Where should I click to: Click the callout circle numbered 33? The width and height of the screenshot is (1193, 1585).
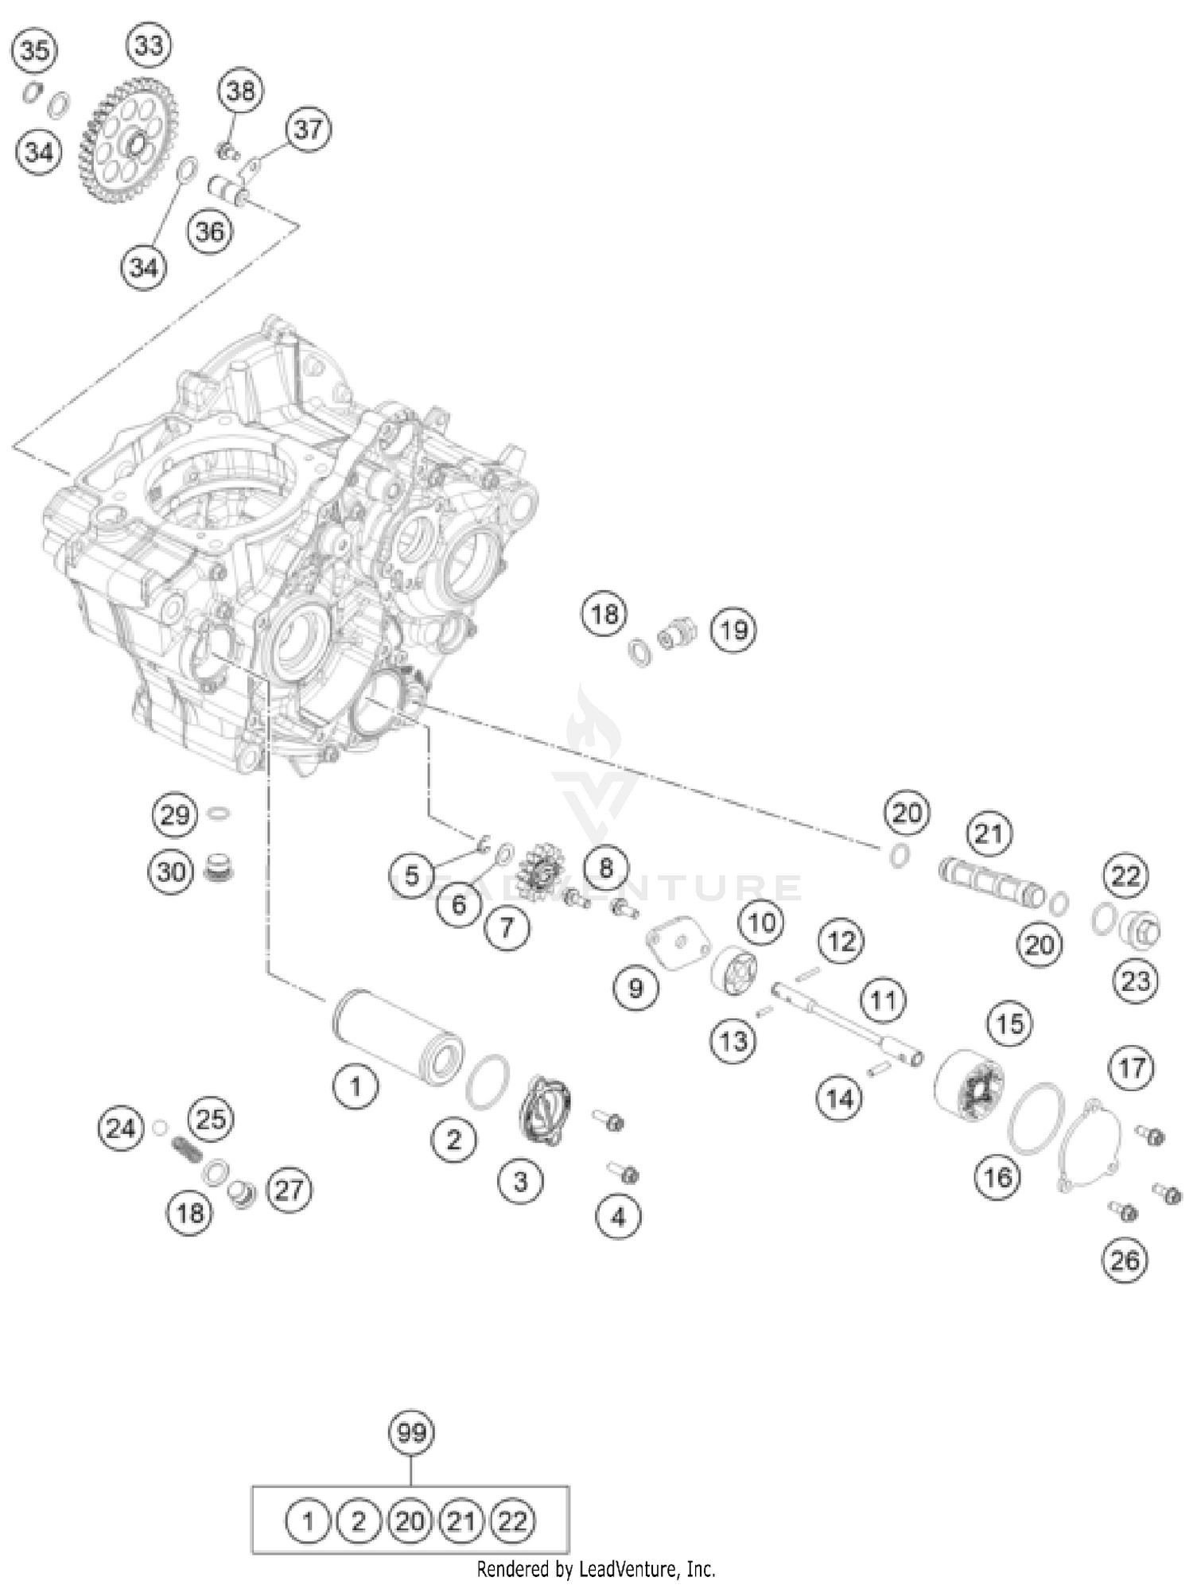click(149, 46)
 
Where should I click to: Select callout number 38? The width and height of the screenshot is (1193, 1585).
click(241, 91)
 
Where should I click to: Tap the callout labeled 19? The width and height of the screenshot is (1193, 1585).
click(733, 630)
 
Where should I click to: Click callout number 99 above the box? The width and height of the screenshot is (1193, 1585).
click(411, 1432)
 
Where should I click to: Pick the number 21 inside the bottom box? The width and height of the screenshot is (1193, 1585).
click(460, 1521)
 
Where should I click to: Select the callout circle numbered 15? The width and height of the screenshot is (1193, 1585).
click(1010, 1023)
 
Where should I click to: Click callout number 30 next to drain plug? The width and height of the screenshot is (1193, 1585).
click(171, 872)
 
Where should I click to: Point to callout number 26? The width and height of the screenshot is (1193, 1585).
click(1125, 1260)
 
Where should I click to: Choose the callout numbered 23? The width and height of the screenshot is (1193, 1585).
click(1135, 981)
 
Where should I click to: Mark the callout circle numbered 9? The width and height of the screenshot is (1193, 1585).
click(635, 988)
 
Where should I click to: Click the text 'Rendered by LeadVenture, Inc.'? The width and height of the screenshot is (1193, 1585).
click(596, 1569)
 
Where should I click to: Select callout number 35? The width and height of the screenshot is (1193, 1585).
click(34, 51)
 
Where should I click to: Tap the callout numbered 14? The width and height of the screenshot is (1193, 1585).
click(840, 1099)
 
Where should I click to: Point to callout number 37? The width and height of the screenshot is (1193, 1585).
click(308, 129)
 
